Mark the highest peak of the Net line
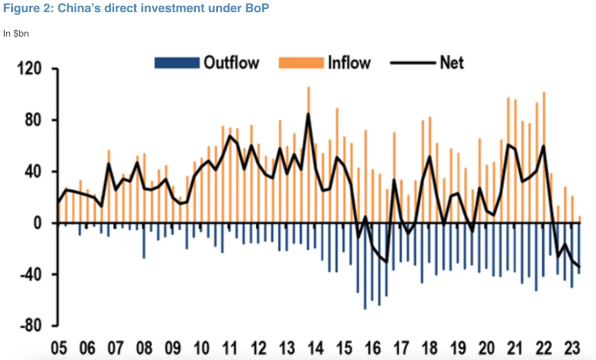coord(309,114)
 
